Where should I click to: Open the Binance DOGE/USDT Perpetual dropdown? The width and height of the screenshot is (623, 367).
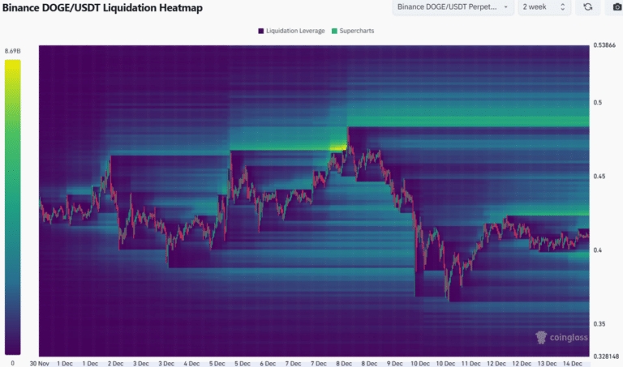point(453,7)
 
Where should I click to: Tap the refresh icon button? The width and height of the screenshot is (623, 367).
point(586,7)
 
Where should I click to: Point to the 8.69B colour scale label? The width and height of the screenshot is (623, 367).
point(12,51)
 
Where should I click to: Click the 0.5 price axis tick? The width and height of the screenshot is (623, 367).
point(598,102)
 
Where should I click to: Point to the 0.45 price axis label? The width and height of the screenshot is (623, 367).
point(600,176)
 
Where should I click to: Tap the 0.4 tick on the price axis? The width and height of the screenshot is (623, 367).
point(598,250)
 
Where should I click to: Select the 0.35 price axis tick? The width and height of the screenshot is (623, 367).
point(600,323)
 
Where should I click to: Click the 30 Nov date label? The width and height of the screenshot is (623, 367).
point(41,363)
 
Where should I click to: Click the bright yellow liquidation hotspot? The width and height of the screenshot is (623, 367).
point(337,147)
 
